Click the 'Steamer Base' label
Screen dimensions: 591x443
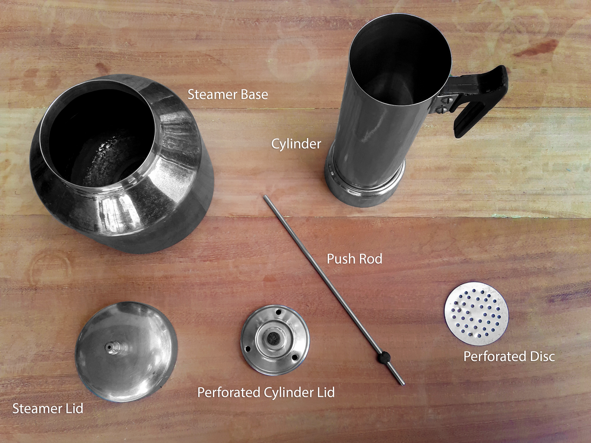(228, 95)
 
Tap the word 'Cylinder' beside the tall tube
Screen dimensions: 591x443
(296, 144)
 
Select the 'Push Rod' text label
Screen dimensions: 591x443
(354, 259)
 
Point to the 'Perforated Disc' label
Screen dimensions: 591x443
(509, 357)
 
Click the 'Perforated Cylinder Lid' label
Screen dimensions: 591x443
(266, 392)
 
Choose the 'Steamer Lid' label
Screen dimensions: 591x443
(48, 409)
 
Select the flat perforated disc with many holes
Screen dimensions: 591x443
(476, 313)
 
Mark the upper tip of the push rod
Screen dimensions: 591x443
(265, 197)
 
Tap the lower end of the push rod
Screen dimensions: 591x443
(403, 384)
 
